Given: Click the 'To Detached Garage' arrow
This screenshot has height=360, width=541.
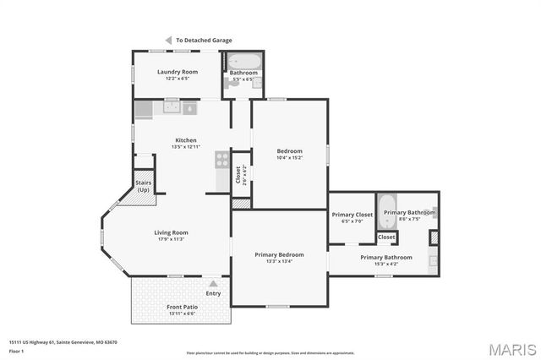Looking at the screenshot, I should (x=168, y=40).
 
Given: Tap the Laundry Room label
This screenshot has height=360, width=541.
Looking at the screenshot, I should (x=178, y=72).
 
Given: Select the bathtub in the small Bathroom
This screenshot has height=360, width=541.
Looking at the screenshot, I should (x=244, y=62).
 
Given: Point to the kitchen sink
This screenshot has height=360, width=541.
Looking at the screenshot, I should (x=172, y=107).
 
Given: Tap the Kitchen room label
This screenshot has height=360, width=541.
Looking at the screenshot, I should (x=186, y=140).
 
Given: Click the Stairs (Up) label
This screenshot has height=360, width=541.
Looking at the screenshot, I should (x=144, y=186).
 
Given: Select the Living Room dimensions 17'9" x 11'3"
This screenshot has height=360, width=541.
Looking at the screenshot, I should (x=171, y=239).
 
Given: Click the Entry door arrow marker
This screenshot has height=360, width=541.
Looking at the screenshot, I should (x=213, y=284).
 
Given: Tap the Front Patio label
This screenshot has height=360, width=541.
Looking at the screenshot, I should (x=181, y=307).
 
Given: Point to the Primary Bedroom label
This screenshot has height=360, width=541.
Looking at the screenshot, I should (x=280, y=254).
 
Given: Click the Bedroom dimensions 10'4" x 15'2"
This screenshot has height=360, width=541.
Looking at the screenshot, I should (x=289, y=157).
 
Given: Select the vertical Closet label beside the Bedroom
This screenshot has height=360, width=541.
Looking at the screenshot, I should (x=238, y=175).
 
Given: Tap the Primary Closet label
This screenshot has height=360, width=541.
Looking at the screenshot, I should (x=352, y=215).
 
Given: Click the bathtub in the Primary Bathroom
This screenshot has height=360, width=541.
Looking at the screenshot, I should (x=385, y=212).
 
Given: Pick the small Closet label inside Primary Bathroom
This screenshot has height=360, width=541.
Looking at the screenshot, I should (x=386, y=237).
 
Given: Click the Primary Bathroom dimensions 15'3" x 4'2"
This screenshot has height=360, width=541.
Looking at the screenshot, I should (x=386, y=264).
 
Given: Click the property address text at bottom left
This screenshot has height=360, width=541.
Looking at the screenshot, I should (x=63, y=342).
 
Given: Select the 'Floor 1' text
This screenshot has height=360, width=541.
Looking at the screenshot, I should (x=16, y=350).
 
